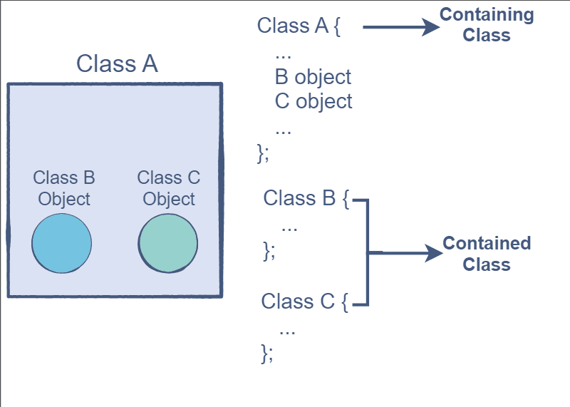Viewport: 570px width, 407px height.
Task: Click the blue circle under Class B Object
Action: point(62,243)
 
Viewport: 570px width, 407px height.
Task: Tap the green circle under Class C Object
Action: point(168,243)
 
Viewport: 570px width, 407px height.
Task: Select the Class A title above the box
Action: point(117,63)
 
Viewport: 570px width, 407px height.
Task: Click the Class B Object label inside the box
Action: point(64,187)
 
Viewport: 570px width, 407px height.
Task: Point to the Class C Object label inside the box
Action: point(169,187)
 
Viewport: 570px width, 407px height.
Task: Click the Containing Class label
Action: point(487,25)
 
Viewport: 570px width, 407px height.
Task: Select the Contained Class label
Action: point(487,254)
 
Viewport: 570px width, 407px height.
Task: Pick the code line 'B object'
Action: point(313,76)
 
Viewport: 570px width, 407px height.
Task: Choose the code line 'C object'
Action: point(313,101)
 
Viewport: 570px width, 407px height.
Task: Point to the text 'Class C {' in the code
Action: point(304,301)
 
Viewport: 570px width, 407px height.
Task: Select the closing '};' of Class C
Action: point(267,352)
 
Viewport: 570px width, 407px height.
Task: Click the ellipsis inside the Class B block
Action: point(289,227)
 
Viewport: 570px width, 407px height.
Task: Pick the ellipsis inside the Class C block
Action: point(287,330)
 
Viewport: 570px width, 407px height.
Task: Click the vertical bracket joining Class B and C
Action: point(368,252)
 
